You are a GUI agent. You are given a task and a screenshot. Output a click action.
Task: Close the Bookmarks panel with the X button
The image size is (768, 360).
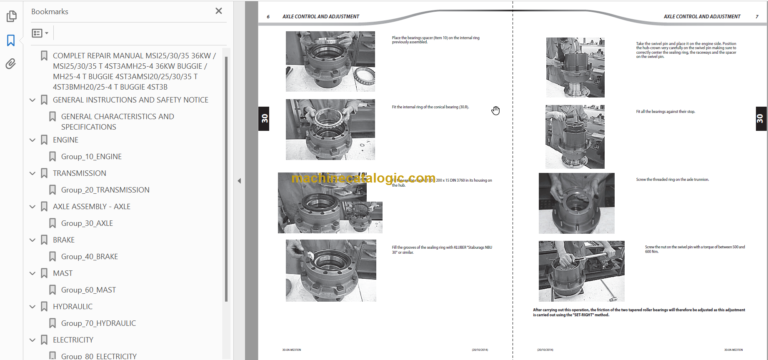(219, 11)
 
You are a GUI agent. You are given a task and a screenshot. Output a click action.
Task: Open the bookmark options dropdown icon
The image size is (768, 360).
(41, 33)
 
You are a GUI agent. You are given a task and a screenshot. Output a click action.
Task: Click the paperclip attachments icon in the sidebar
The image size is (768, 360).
(10, 63)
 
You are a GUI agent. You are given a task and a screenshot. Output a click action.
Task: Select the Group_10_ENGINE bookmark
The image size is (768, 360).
(91, 157)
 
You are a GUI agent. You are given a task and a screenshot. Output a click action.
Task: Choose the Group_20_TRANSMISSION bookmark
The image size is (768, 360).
(105, 190)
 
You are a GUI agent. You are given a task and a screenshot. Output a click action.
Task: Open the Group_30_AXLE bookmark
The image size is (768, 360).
(87, 223)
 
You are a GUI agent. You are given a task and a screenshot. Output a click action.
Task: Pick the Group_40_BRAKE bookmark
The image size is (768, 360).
(89, 256)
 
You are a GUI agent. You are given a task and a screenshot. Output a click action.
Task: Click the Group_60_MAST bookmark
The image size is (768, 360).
(88, 290)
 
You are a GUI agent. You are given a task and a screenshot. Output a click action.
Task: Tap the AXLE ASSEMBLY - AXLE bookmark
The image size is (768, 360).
(91, 206)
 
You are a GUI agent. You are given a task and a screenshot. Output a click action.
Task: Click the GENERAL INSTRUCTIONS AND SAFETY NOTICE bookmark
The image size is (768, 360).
(130, 100)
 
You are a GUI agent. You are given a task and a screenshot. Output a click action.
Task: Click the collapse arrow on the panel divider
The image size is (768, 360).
(239, 180)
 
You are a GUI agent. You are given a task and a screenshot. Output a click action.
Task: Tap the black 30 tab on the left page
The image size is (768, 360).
(265, 117)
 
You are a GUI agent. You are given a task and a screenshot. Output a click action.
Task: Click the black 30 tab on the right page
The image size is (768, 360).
(759, 119)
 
